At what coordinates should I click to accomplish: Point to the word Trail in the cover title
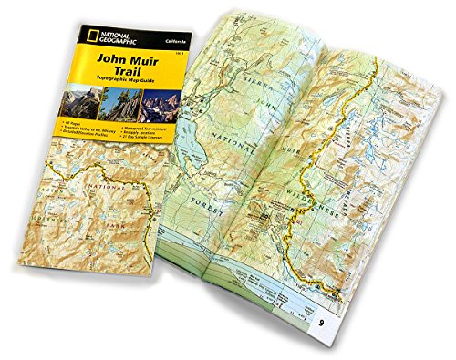(x=126, y=75)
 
